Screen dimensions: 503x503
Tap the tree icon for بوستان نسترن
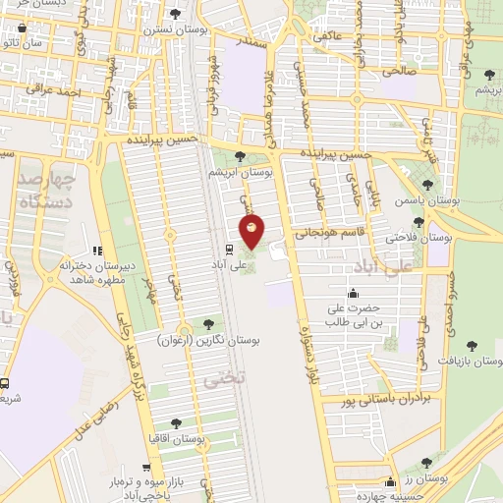click(x=175, y=14)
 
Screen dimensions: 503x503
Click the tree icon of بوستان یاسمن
click(x=425, y=185)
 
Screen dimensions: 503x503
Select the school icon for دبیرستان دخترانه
click(x=96, y=252)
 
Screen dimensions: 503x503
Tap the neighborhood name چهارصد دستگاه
click(x=45, y=192)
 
